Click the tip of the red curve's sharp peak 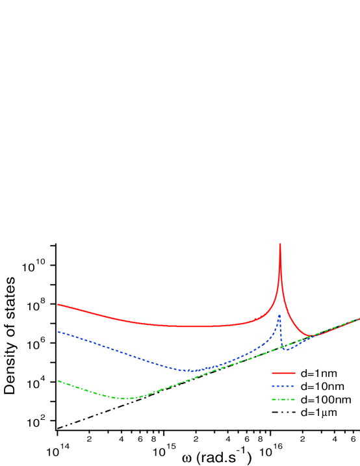point(280,244)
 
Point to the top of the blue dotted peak point(279,315)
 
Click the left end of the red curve point(58,304)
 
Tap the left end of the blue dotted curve point(58,331)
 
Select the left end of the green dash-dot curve point(58,381)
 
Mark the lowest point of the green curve point(125,398)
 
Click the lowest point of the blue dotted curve point(192,370)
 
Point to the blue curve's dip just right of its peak point(287,350)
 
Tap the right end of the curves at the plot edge point(359,318)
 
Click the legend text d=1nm point(318,374)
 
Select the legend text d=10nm point(321,387)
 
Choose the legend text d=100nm point(324,400)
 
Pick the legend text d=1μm point(318,413)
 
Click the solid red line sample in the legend point(284,374)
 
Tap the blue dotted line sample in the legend point(284,387)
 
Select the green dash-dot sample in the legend point(284,400)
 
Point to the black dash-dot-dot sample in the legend point(284,413)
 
